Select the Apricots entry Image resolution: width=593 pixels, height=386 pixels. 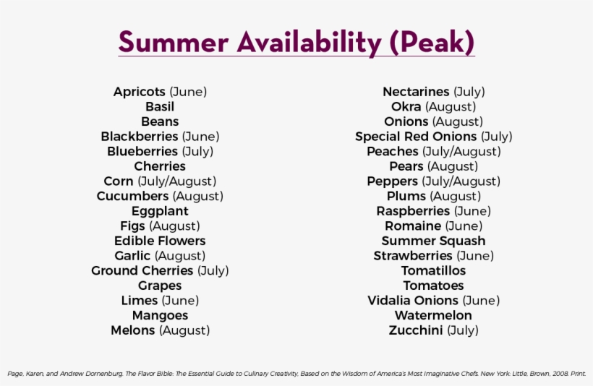point(140,92)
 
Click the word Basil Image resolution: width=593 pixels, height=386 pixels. point(160,107)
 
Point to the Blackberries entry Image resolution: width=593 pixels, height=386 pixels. point(140,137)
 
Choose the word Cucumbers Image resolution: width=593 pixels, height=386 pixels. point(133,196)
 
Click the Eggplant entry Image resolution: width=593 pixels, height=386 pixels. point(160,211)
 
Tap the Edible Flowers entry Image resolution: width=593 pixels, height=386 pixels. point(160,241)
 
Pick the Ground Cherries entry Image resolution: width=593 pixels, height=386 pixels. point(142,270)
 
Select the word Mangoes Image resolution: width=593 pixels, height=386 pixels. point(160,315)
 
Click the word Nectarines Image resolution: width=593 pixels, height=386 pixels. point(416,92)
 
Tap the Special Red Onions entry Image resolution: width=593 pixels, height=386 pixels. point(416,137)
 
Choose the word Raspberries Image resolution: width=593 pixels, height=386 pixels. point(413,211)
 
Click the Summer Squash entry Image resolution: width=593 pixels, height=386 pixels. point(433,241)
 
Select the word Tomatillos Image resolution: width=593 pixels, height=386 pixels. point(433,270)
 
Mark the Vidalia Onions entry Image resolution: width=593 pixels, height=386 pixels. point(413,300)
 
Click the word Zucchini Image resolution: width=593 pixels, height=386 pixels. point(416,330)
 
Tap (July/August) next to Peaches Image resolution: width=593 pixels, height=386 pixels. point(461,152)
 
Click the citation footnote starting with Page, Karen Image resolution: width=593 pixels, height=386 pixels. point(296,374)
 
